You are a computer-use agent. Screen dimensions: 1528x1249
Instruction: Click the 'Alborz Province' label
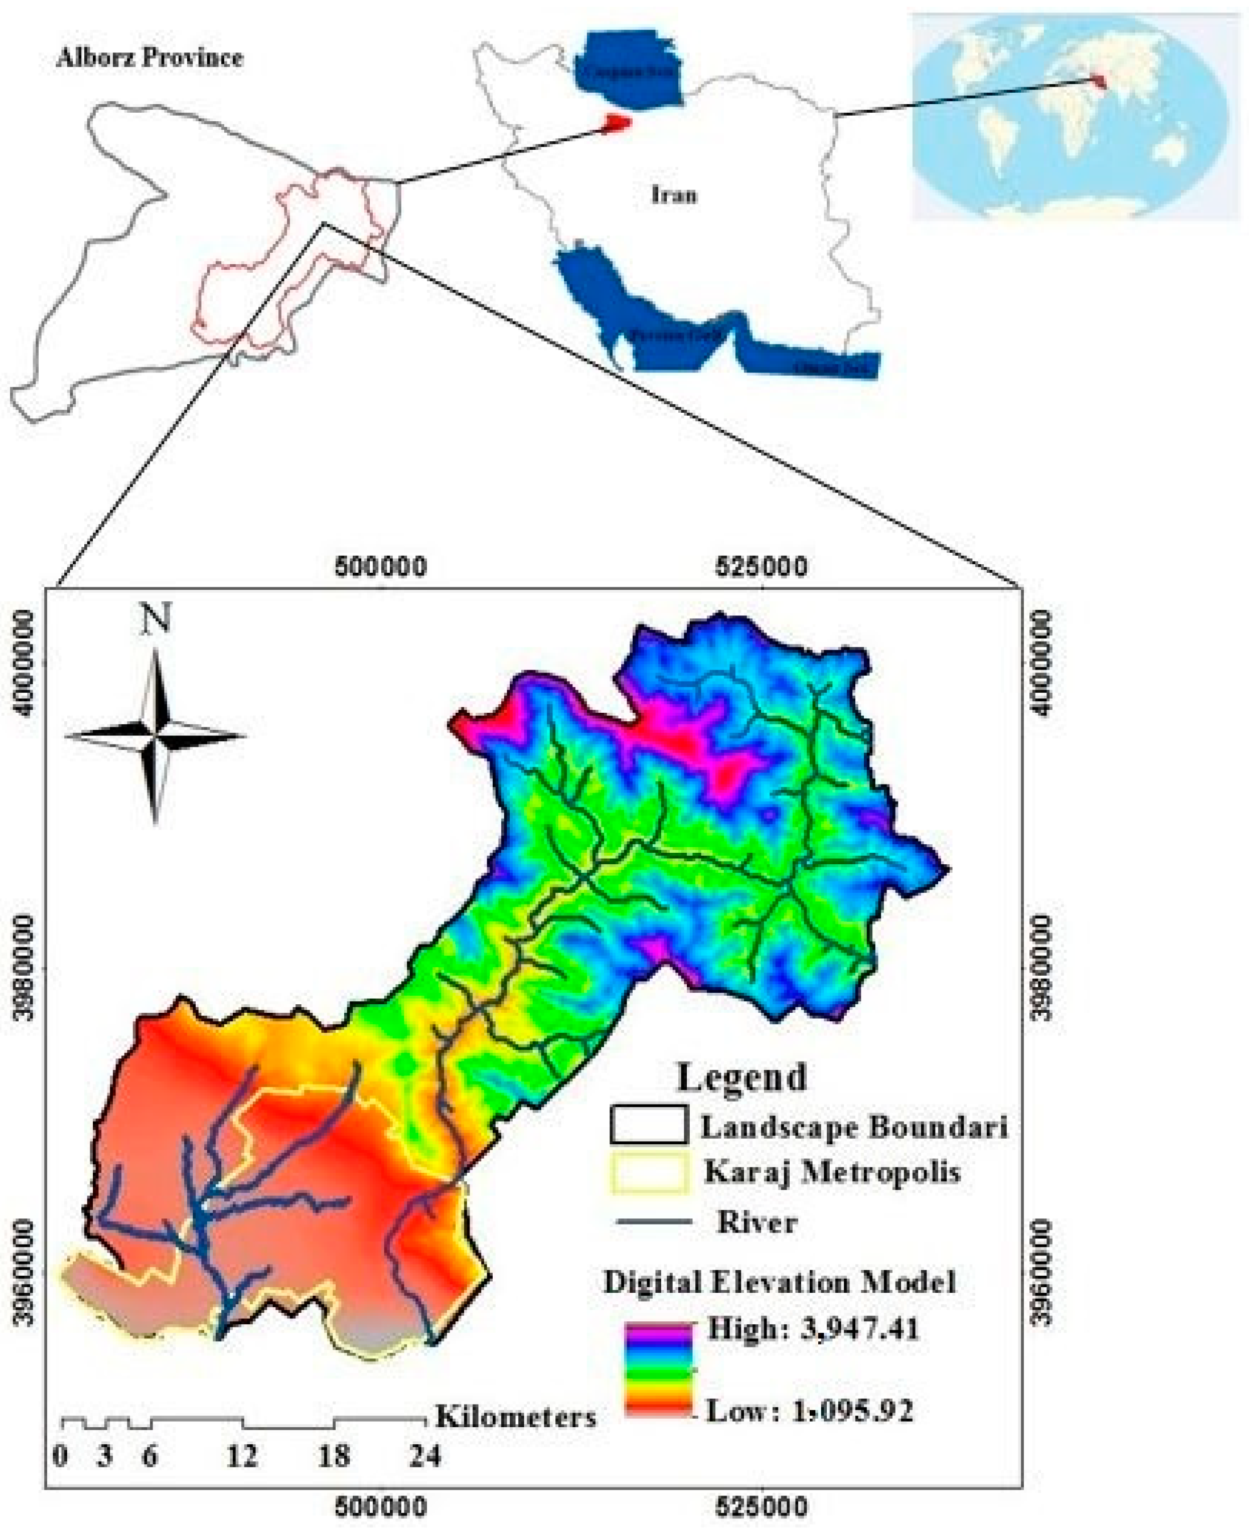pos(150,57)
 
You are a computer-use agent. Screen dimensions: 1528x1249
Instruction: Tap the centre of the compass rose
pos(155,736)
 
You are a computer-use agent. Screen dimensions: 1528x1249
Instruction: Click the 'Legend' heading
pos(741,1078)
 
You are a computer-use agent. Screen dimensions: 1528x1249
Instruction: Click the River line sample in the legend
pos(654,1221)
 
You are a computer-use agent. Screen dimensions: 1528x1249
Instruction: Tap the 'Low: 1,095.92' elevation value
pos(809,1411)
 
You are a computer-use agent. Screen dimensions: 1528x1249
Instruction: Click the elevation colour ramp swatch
pos(658,1370)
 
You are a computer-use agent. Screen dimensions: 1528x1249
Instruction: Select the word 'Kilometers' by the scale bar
pos(516,1417)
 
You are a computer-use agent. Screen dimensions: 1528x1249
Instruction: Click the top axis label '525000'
pos(761,567)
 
